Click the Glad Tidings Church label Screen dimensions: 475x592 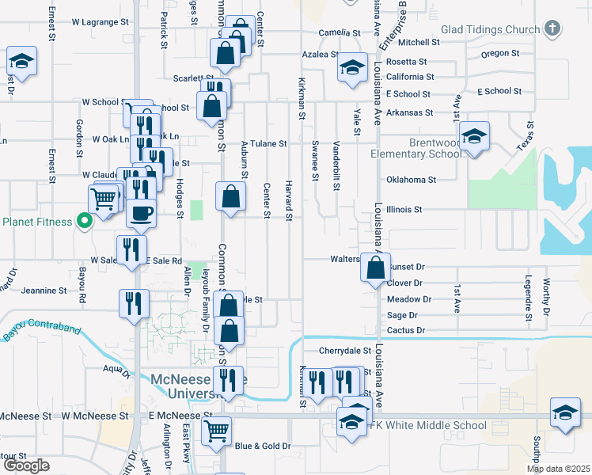[490, 29]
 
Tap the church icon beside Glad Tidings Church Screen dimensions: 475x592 [552, 29]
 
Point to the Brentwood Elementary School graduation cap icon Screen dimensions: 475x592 [474, 137]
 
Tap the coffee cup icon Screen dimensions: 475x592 [142, 213]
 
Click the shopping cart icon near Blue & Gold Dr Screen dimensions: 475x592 [216, 431]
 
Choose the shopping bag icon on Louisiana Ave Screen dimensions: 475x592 [375, 268]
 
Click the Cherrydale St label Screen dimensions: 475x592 [345, 350]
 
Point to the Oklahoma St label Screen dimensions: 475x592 [411, 180]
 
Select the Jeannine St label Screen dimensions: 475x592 [44, 291]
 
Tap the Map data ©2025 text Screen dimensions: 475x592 [558, 469]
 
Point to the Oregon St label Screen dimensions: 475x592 [499, 54]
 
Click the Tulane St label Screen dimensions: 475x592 [270, 144]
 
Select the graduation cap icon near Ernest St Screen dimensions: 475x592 [22, 62]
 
